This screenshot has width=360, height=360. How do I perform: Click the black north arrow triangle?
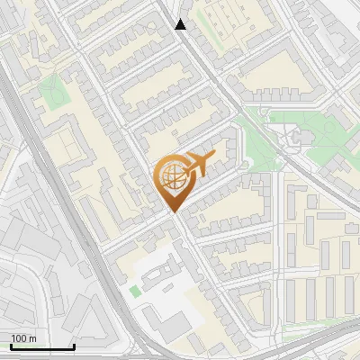tap(181, 24)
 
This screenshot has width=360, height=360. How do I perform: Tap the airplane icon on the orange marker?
tap(198, 166)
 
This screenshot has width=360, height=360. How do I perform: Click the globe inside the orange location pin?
tap(171, 177)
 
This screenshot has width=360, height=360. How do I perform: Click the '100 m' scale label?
tap(23, 338)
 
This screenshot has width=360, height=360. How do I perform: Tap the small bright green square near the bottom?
tap(135, 291)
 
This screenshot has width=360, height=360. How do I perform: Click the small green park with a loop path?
tap(52, 93)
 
